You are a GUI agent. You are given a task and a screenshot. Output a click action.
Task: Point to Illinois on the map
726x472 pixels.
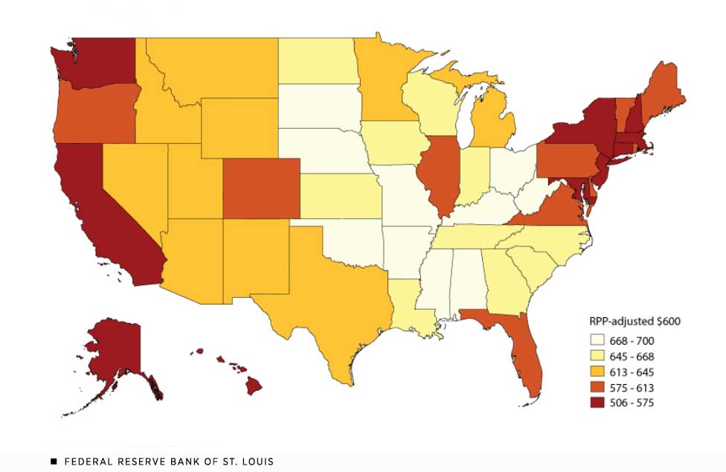pyautogui.click(x=439, y=175)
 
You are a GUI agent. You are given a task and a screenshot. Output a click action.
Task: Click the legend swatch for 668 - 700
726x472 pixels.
pyautogui.click(x=597, y=339)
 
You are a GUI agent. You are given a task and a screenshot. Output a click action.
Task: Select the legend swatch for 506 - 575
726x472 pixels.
pyautogui.click(x=597, y=403)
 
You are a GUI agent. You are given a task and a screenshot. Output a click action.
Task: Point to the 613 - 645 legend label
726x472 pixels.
pyautogui.click(x=633, y=371)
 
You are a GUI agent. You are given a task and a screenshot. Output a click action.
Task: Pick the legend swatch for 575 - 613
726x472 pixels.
pyautogui.click(x=597, y=387)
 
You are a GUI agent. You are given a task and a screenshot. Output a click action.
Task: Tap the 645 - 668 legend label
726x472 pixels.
pyautogui.click(x=633, y=356)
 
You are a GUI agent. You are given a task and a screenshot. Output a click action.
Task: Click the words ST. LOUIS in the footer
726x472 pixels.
pyautogui.click(x=248, y=462)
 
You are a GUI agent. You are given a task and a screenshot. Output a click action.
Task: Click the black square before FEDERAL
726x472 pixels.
pyautogui.click(x=54, y=462)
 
